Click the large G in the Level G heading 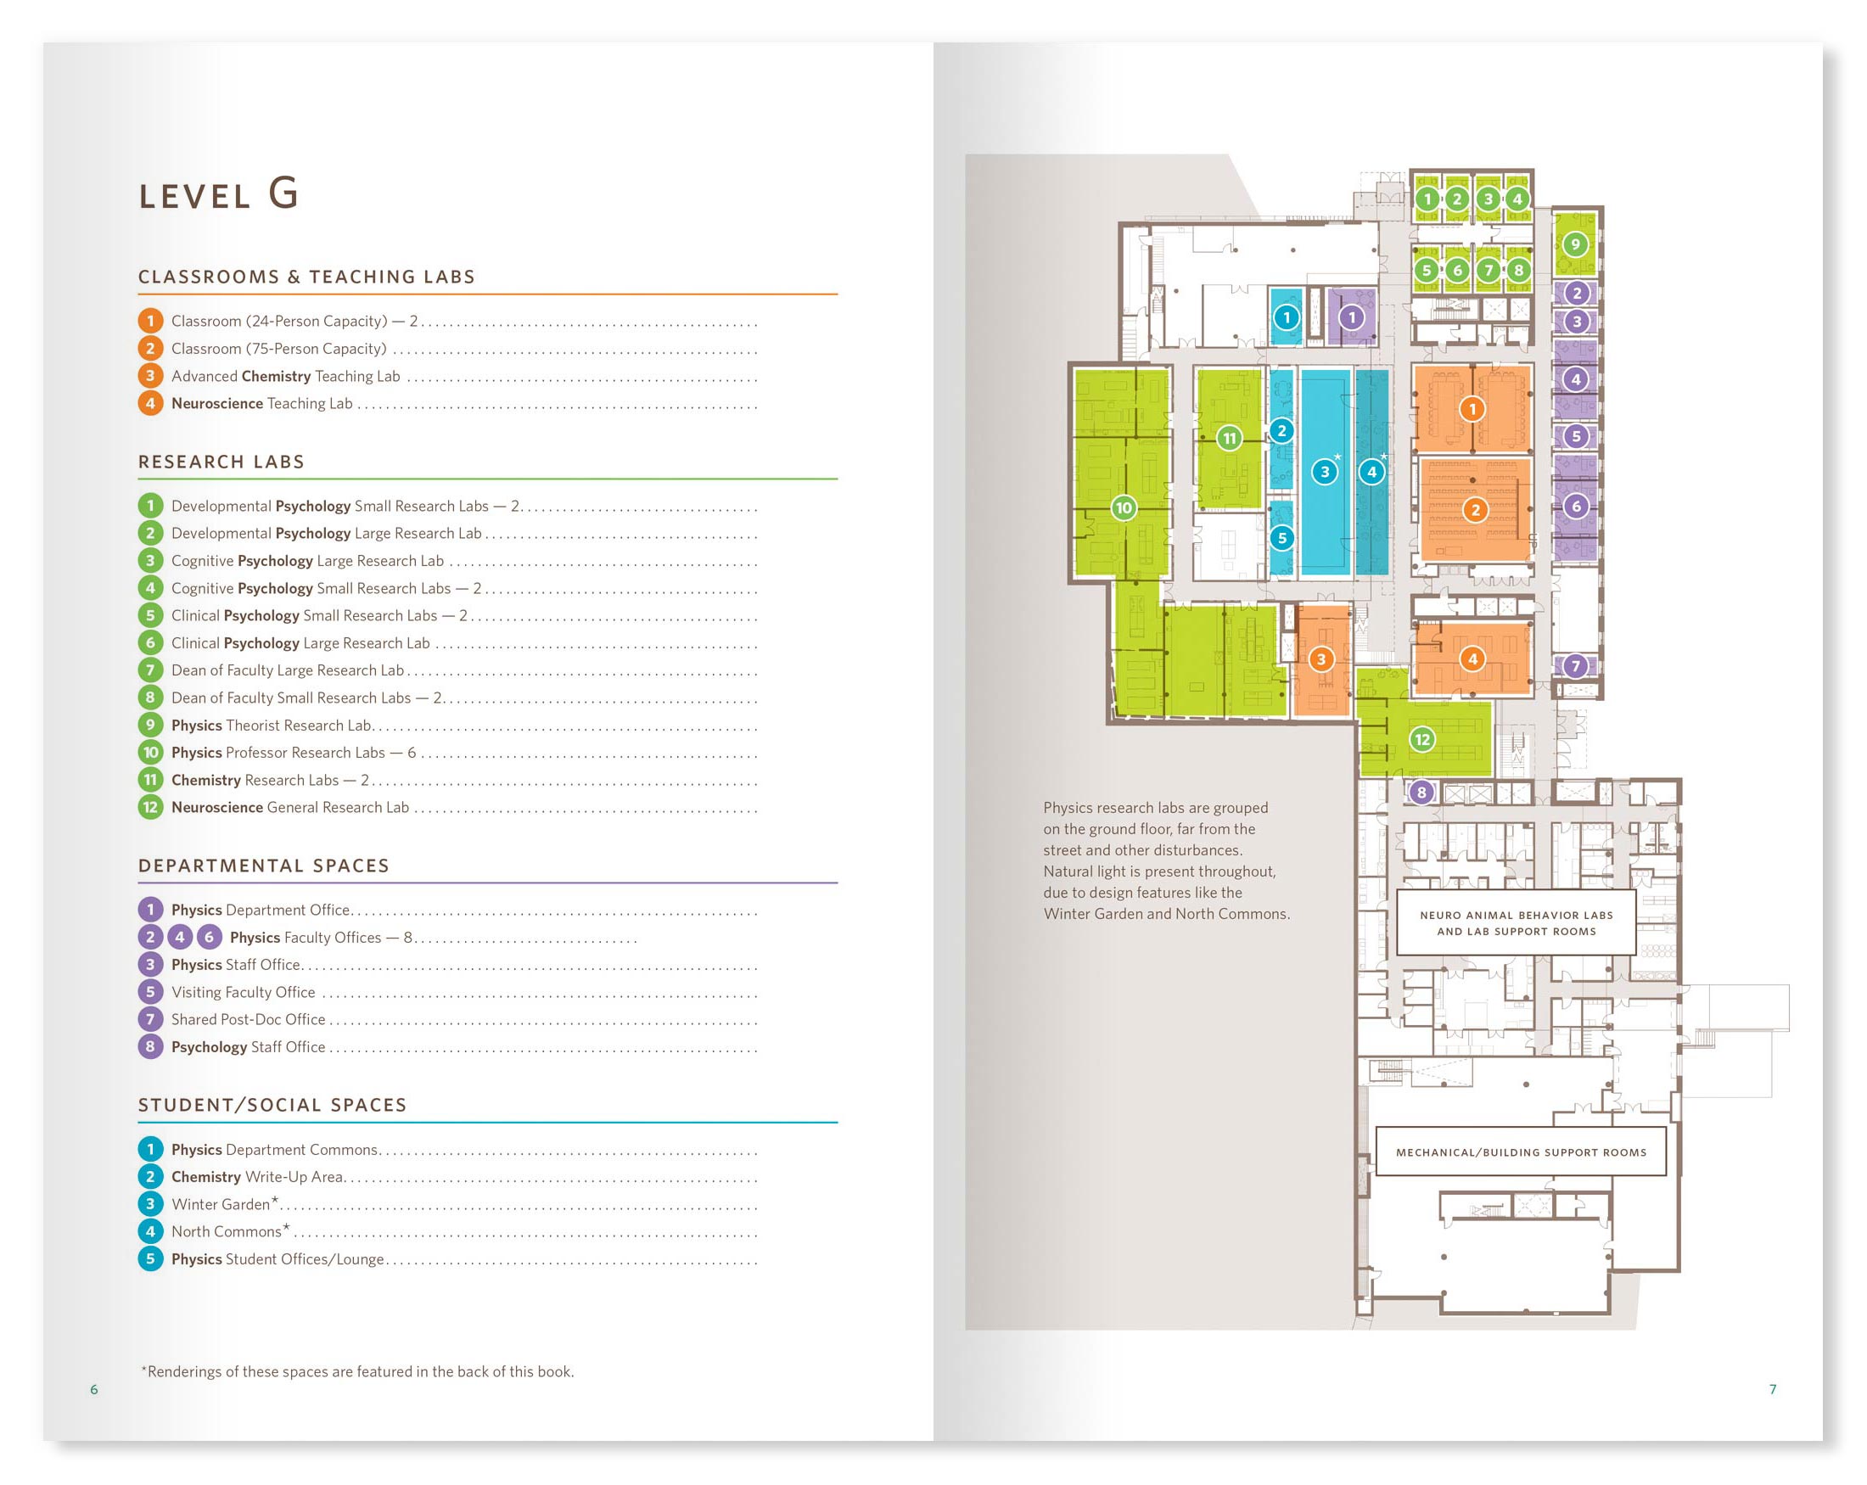tap(283, 193)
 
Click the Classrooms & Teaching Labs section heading tap(306, 277)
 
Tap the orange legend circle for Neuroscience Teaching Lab tap(150, 404)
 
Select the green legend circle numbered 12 tap(150, 807)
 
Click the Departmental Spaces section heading tap(264, 866)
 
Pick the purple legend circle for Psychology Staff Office tap(150, 1047)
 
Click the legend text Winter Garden tap(221, 1204)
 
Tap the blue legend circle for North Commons tap(150, 1231)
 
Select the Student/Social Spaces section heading tap(272, 1105)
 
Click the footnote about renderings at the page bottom tap(357, 1371)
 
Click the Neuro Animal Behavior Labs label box tap(1517, 923)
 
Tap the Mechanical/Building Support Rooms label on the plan tap(1522, 1152)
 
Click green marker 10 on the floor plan tap(1124, 508)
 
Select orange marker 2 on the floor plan tap(1476, 510)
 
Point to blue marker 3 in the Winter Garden tap(1325, 472)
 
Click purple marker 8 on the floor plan tap(1421, 793)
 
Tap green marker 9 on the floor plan tap(1576, 244)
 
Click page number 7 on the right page tap(1773, 1390)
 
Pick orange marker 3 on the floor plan tap(1321, 660)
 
